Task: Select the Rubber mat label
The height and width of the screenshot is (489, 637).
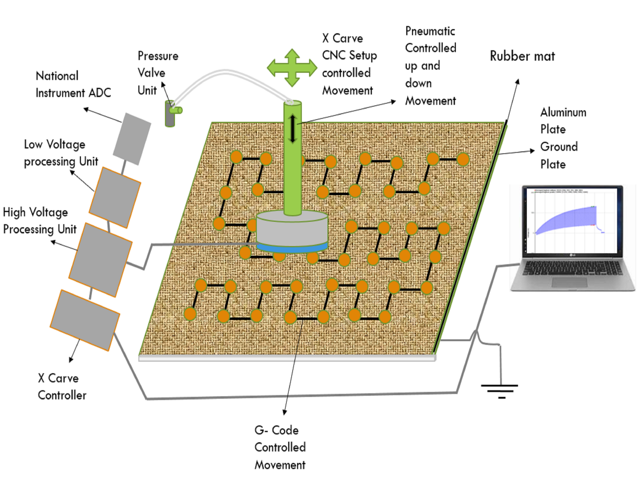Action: point(522,56)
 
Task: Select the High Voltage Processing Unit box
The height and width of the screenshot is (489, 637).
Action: point(99,259)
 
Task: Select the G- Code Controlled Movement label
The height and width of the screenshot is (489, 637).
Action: point(280,447)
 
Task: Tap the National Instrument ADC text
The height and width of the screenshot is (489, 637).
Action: point(73,84)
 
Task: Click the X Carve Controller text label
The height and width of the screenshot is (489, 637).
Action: point(62,387)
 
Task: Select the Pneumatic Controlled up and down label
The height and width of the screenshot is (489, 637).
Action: point(430,66)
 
